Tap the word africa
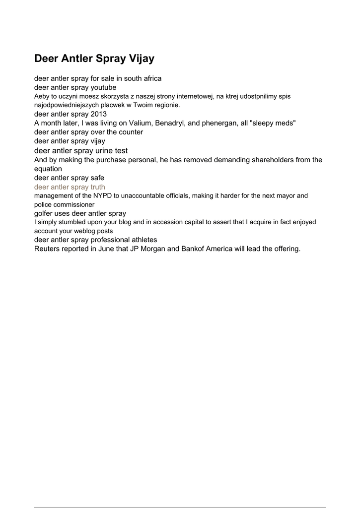point(151,78)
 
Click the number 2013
point(99,114)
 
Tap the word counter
point(130,132)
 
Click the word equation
point(48,169)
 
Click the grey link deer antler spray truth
point(70,187)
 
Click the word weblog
point(88,231)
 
